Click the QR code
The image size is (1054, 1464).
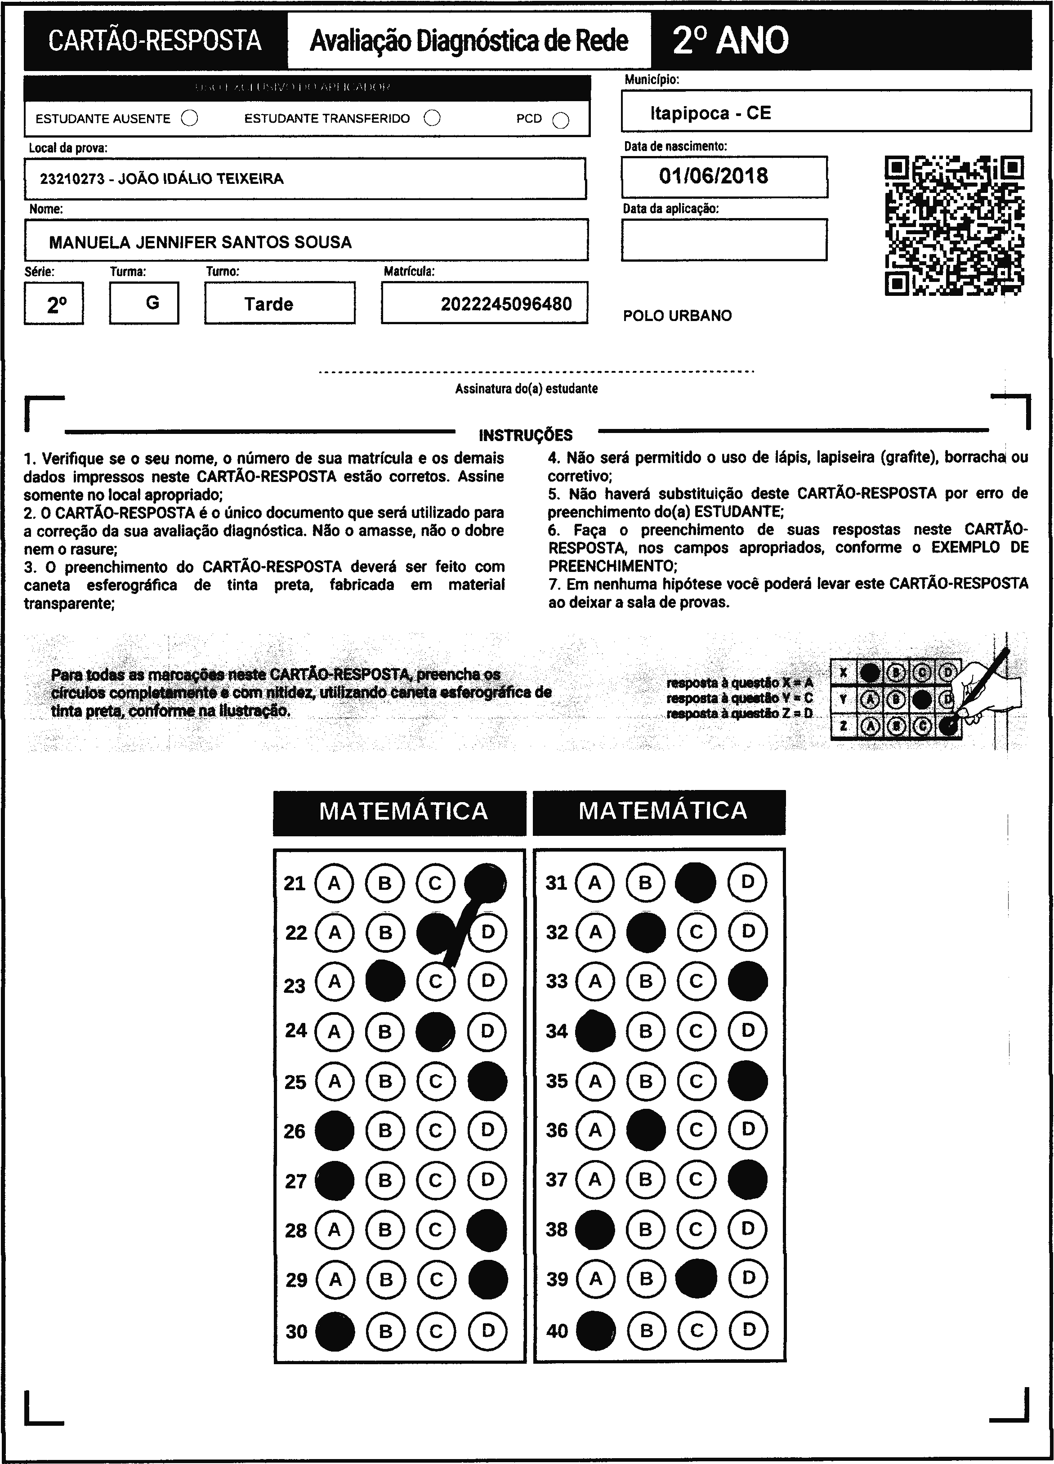954,225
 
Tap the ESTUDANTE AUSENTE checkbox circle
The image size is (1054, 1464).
190,118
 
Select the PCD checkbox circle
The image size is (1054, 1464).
561,120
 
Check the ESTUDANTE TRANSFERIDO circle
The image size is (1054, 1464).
432,118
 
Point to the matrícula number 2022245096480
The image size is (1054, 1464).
506,304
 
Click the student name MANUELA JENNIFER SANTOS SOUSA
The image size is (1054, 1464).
200,242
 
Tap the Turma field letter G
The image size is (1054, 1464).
152,303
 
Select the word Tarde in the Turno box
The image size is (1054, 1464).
268,304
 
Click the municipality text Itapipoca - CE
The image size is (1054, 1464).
710,113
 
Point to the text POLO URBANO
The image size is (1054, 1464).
677,316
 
